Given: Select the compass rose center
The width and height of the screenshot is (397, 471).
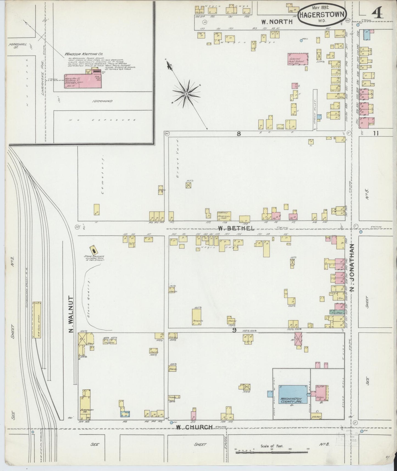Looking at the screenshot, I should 187,94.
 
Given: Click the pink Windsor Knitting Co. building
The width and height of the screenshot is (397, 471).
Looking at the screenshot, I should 82,81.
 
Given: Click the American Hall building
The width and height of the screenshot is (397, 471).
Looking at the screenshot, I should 224,216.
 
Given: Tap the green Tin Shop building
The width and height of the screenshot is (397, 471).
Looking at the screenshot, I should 335,312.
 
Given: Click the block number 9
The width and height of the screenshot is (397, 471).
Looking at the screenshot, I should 234,331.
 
